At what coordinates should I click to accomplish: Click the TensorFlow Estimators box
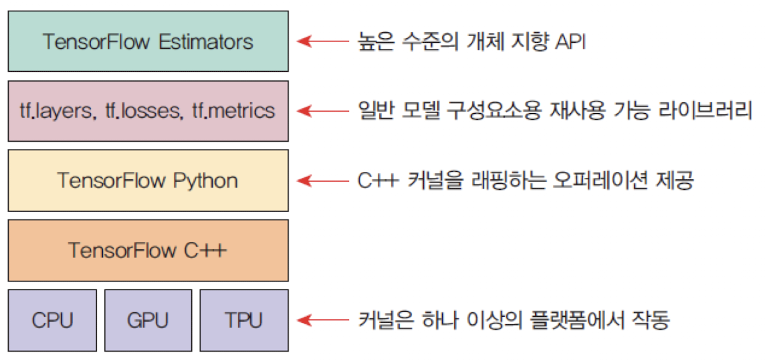point(148,41)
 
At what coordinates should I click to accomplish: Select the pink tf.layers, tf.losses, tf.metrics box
point(148,111)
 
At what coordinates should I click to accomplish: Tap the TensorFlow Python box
point(148,180)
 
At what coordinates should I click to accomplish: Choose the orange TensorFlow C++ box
point(148,250)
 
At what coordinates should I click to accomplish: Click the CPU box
point(53,320)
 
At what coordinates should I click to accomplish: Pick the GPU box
point(148,320)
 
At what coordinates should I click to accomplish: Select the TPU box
point(244,320)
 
